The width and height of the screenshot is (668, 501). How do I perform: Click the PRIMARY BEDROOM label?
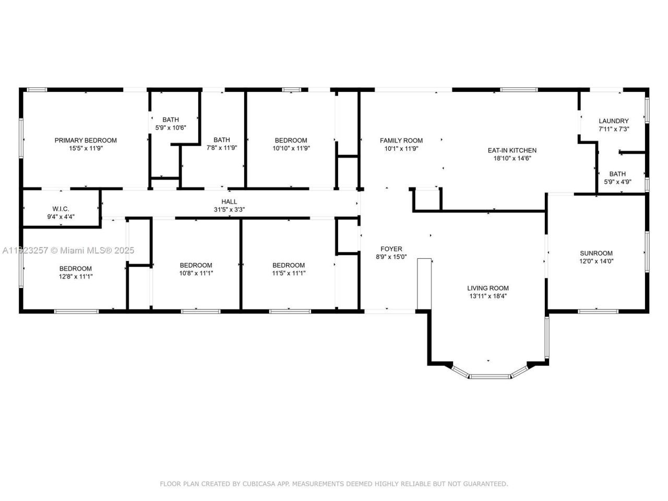pos(86,140)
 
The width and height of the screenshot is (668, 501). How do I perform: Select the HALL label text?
pos(229,201)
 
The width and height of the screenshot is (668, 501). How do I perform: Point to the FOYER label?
pos(391,249)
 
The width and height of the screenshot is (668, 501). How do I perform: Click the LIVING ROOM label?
pos(487,288)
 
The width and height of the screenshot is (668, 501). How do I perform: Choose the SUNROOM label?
pos(596,253)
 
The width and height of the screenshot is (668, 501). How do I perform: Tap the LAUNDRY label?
pos(613,121)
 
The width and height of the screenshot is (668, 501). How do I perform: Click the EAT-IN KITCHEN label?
pos(512,150)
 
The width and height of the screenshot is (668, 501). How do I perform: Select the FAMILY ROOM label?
pos(401,140)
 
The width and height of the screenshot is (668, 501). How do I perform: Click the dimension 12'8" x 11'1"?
pos(76,277)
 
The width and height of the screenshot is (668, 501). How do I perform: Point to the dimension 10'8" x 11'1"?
pos(196,273)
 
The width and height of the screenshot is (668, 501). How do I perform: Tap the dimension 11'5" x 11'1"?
pos(288,273)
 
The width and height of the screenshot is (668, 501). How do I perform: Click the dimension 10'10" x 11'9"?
pos(291,148)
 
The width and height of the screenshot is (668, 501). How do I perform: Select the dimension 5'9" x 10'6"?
pos(170,128)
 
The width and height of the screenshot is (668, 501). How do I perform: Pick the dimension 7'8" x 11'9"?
pos(221,148)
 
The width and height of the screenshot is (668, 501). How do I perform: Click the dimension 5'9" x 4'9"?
pos(617,182)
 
